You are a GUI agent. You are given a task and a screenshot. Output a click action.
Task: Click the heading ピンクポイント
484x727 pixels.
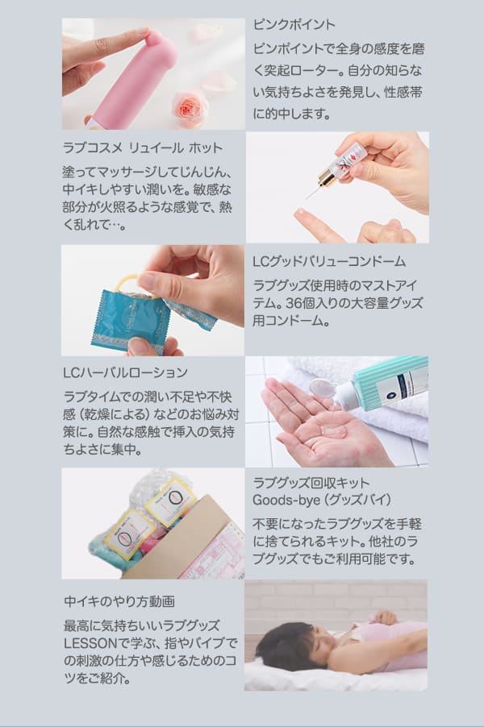(294, 24)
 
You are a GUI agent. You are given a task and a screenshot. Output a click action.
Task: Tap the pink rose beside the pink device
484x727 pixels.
(189, 109)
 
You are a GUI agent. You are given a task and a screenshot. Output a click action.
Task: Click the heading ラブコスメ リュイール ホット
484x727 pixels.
(143, 148)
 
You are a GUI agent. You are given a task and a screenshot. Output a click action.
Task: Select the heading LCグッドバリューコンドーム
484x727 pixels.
(329, 261)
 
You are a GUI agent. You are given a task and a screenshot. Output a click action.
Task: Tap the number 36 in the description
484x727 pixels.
(294, 303)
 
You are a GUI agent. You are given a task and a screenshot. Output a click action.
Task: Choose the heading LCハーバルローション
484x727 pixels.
(125, 373)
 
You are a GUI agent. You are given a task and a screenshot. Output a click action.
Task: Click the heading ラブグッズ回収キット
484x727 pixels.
(311, 483)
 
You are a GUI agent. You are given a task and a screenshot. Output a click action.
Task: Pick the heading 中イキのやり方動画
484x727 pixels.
(119, 601)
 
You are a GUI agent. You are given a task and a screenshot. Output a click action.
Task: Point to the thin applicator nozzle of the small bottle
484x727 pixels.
(312, 192)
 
